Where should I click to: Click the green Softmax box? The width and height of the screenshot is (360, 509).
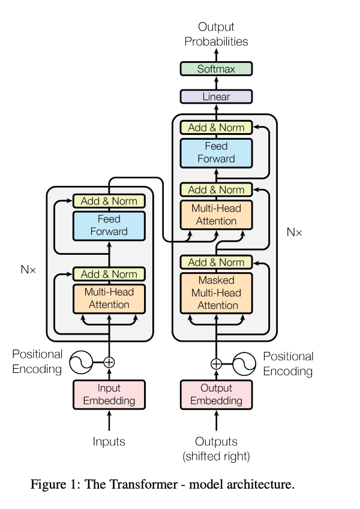(216, 69)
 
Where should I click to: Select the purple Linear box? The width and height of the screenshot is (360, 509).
(216, 97)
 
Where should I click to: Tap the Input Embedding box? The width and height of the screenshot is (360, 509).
(109, 394)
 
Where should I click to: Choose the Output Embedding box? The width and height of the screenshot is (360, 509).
(216, 394)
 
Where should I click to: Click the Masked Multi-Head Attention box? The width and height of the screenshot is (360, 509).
(216, 293)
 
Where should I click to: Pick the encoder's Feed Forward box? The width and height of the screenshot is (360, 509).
(109, 225)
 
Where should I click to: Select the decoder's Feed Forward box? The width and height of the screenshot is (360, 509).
(216, 153)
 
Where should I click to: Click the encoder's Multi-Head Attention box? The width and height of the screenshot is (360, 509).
(109, 298)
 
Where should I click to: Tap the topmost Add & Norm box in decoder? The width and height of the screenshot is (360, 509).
(216, 127)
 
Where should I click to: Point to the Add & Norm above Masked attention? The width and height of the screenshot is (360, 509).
(216, 262)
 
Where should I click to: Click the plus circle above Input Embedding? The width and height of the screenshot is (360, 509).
(109, 362)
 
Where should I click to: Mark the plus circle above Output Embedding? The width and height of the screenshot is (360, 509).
(216, 363)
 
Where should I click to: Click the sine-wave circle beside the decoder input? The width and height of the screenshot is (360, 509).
(244, 363)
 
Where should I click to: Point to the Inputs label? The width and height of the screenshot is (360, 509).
(109, 442)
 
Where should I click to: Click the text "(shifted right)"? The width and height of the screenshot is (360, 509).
(216, 456)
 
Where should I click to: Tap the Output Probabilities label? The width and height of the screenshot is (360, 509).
(216, 34)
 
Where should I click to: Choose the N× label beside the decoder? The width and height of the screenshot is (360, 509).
(294, 231)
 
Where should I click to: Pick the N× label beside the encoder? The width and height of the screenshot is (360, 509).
(28, 270)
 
